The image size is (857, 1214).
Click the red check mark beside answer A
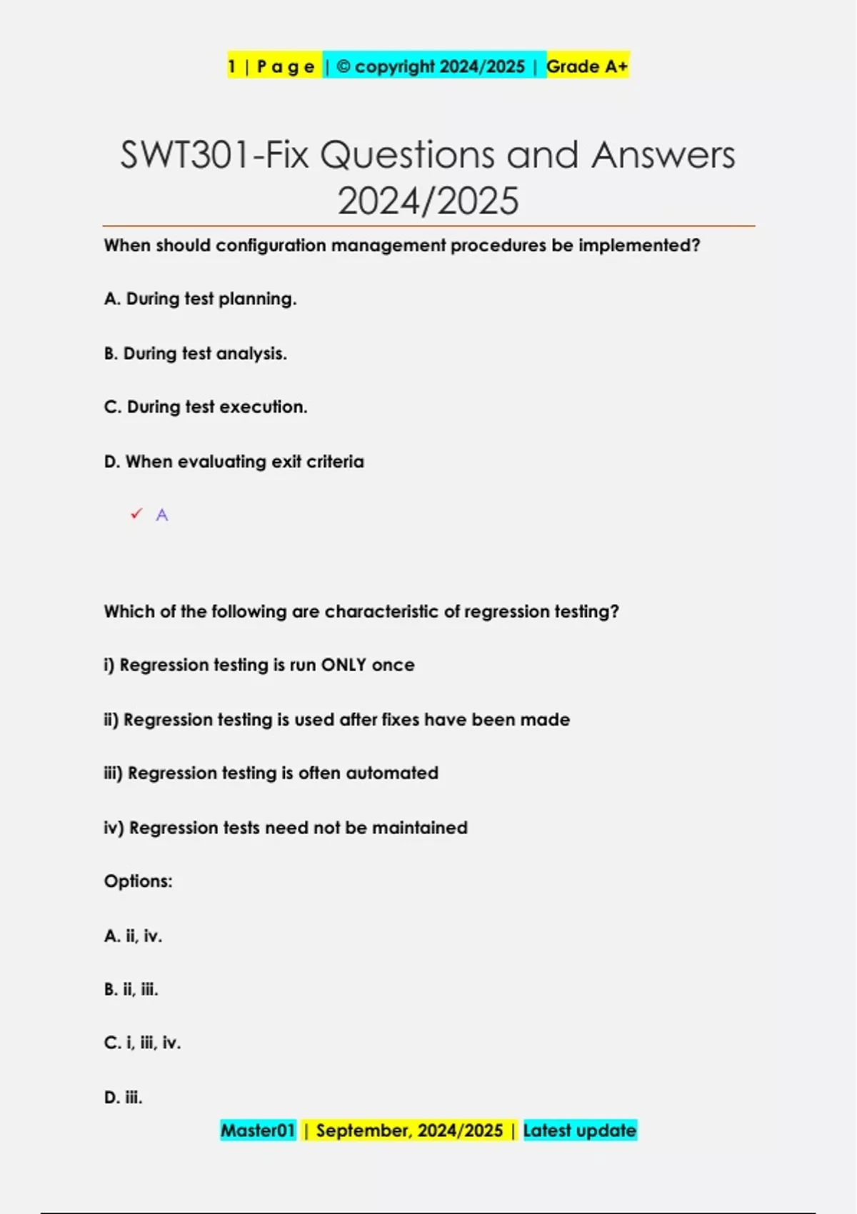136,514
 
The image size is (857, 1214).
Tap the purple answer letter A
162,515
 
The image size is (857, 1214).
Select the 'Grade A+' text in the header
587,66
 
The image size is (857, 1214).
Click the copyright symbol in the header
344,66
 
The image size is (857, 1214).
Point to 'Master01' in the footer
258,1130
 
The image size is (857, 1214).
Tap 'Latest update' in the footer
579,1130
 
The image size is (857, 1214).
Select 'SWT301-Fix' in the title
214,155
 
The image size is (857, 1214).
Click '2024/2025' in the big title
428,201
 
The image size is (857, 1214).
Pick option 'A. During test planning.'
200,299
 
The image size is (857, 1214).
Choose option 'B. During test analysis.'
195,353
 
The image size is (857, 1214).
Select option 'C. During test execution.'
206,407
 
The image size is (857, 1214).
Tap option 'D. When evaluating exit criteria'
234,461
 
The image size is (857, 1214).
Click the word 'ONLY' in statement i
344,665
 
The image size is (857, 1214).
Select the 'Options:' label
138,881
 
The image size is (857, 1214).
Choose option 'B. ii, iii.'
131,989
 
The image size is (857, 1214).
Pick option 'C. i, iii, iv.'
142,1043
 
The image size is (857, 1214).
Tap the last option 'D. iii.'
123,1097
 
